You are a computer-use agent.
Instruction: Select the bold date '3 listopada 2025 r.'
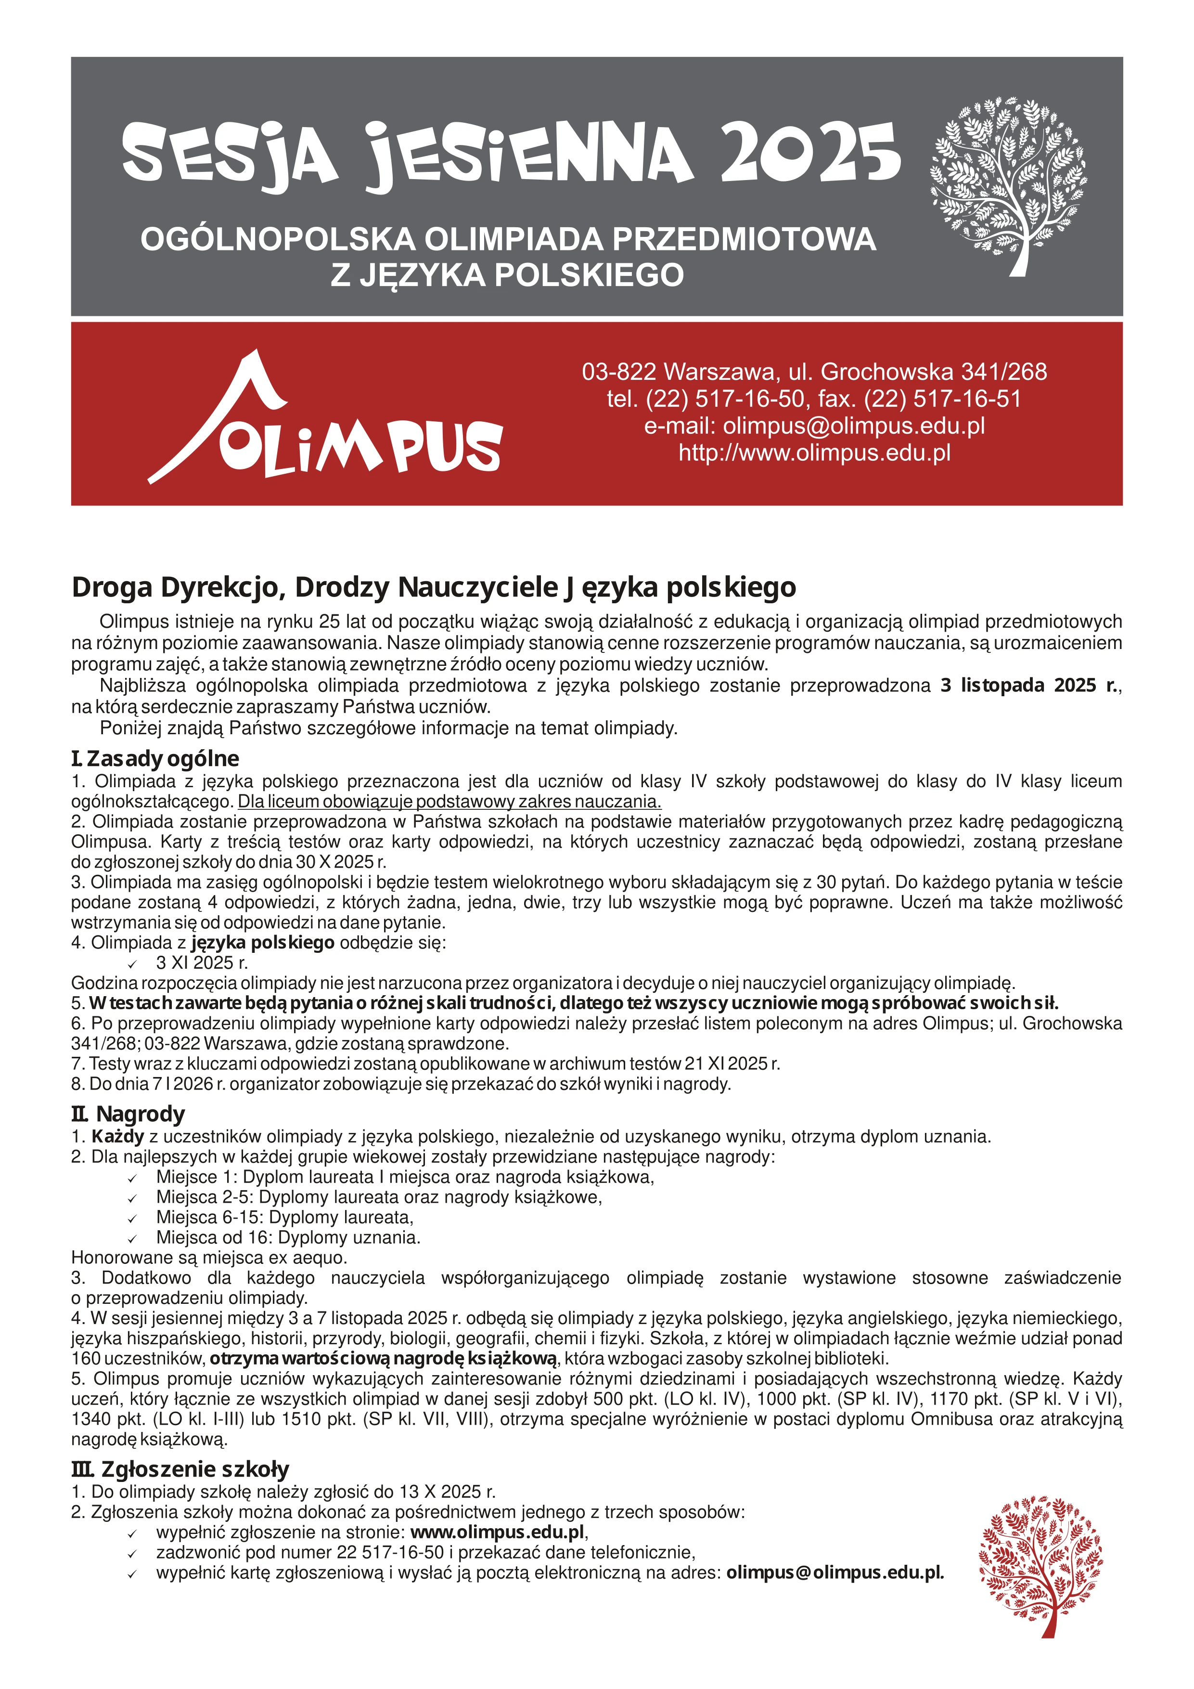tap(1029, 686)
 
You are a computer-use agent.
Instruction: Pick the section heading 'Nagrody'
tap(140, 1115)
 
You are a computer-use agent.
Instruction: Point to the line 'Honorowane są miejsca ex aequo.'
tap(209, 1258)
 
